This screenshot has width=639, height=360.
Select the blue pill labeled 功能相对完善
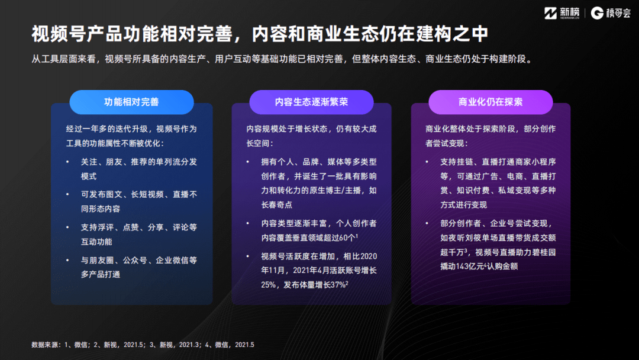coord(131,102)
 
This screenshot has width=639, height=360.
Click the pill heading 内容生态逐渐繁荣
coord(311,102)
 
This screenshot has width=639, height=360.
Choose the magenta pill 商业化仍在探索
coord(490,102)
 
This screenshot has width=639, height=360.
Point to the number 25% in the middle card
coord(269,284)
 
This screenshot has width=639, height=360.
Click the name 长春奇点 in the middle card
coord(276,205)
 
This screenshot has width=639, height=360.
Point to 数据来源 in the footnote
coord(44,345)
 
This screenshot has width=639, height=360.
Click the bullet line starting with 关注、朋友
coord(139,161)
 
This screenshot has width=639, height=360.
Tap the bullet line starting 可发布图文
coord(139,194)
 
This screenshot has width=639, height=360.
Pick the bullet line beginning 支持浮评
coord(139,227)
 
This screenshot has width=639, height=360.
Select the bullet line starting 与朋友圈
coord(139,259)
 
